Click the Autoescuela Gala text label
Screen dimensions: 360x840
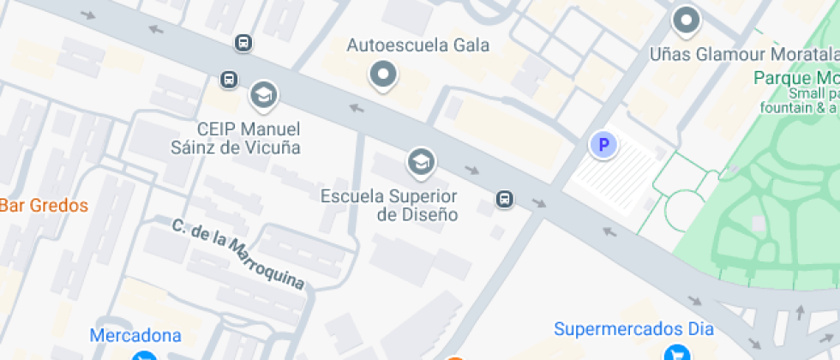417,45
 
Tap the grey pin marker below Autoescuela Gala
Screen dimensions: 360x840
383,75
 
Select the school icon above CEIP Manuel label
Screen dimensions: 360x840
263,94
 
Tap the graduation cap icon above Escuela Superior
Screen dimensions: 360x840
420,160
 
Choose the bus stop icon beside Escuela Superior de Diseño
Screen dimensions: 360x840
506,200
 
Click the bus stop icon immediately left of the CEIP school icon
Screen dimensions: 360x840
229,80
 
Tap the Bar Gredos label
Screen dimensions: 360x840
44,206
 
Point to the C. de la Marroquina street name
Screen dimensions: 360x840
237,255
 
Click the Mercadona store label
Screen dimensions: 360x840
135,335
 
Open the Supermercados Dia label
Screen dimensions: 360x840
633,328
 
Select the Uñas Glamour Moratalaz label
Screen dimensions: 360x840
743,54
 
